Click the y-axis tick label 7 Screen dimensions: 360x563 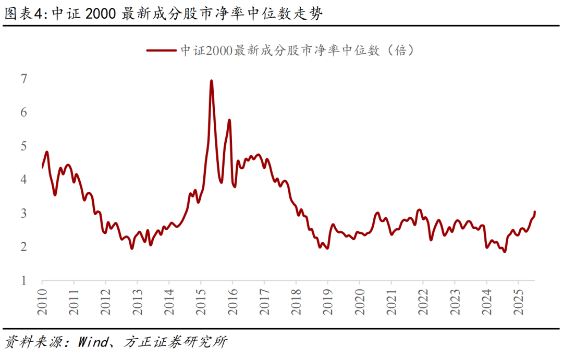point(24,79)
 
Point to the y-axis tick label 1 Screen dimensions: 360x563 point(24,281)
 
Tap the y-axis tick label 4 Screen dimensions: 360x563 point(24,180)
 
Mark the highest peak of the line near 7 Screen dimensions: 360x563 point(211,81)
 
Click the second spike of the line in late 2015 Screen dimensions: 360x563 point(229,120)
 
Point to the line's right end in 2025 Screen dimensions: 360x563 point(535,212)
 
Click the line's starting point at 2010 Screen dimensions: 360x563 point(42,167)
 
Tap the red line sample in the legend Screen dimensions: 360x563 point(161,51)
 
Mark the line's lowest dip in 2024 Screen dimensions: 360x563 point(504,252)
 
